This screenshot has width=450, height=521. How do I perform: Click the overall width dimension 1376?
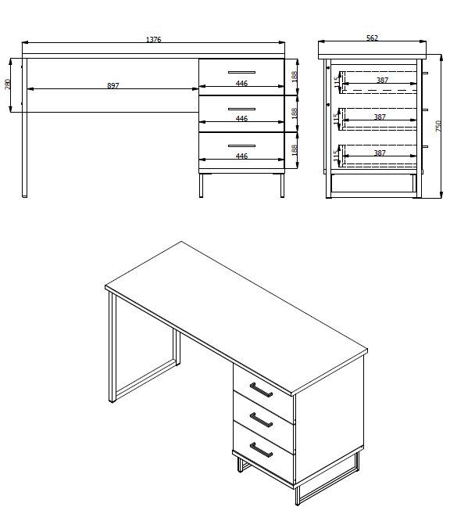(153, 40)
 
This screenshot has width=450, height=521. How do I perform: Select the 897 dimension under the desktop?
(112, 85)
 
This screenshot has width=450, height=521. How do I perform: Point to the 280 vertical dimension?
(9, 84)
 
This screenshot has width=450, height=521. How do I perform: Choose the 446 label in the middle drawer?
(241, 118)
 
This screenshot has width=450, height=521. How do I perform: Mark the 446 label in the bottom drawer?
(241, 156)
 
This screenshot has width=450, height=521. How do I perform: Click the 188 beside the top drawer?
(294, 77)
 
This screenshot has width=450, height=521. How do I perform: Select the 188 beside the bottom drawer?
(294, 150)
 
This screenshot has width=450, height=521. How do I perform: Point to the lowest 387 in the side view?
(380, 153)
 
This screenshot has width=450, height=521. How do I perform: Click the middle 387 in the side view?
(380, 117)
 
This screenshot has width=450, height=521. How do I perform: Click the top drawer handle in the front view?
(241, 71)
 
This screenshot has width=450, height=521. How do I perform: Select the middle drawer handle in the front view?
(241, 108)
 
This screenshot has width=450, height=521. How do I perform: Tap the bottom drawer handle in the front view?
(241, 145)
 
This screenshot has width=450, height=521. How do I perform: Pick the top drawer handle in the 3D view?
(261, 389)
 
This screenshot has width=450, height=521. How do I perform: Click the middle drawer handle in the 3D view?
(261, 421)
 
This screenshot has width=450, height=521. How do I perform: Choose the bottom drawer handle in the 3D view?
(261, 451)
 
